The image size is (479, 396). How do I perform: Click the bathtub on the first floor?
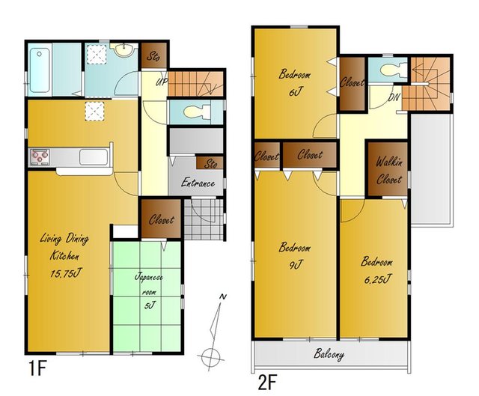click(40, 70)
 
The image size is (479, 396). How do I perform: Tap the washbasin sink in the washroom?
click(123, 49)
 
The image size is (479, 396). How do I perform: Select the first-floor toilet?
click(197, 112)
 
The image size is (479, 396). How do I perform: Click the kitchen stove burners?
click(40, 157)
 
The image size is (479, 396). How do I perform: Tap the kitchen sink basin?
click(94, 157)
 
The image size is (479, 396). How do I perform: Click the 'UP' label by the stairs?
click(162, 82)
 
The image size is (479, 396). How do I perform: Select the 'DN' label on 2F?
click(394, 97)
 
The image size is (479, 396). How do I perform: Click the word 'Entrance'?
click(198, 183)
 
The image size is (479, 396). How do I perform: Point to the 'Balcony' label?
click(329, 354)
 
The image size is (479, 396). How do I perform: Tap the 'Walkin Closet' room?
click(388, 171)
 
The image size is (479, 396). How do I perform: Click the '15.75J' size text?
click(66, 273)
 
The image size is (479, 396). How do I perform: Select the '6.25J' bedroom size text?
click(376, 279)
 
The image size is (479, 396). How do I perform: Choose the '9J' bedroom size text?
click(296, 265)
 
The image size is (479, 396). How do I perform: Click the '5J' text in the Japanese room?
click(150, 305)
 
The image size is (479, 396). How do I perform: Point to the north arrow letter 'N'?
click(223, 296)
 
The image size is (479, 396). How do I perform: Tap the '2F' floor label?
click(267, 383)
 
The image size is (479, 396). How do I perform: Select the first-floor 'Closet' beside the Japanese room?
click(161, 219)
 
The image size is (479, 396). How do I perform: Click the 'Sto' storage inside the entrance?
click(210, 164)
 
